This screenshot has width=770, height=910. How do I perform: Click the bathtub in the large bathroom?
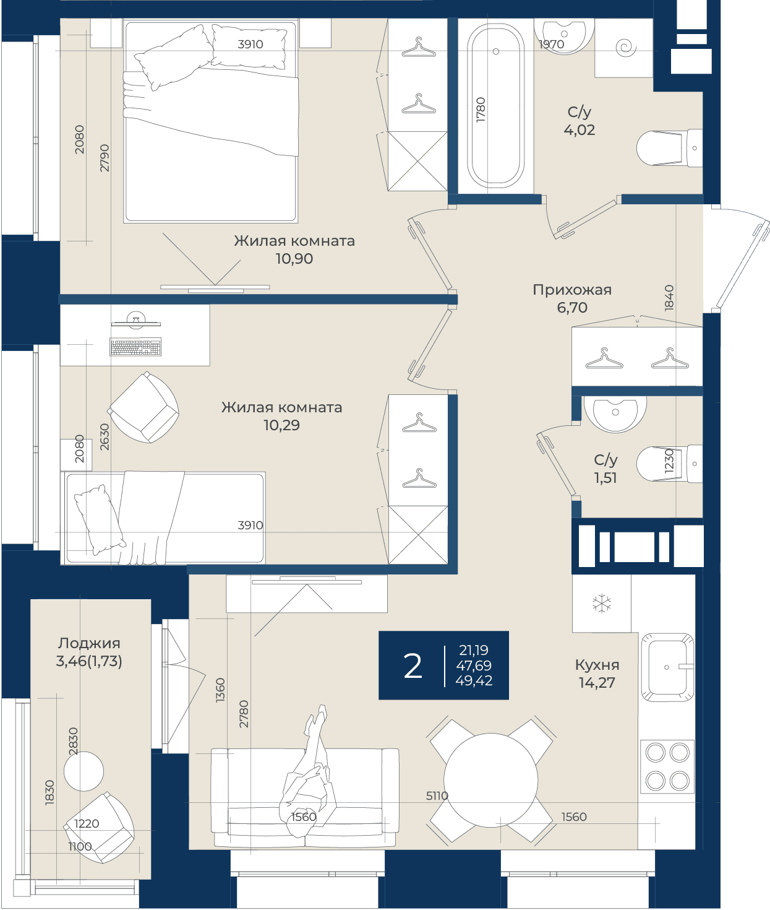pos(495,106)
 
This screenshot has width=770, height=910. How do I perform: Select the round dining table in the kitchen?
pos(491,780)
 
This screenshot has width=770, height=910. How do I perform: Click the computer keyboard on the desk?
pos(135,347)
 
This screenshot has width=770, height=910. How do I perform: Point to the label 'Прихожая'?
pos(572,290)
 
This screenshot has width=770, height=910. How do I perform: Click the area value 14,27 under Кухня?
pos(597,683)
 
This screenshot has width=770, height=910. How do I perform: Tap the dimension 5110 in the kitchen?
pos(437,795)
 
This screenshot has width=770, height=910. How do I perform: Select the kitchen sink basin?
pos(667,667)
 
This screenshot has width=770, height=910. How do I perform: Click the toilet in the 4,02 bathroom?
pos(669,148)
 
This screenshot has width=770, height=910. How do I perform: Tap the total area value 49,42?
pos(474,680)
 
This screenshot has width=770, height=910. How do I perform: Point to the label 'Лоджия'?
pos(89,643)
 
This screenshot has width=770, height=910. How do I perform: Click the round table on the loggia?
pos(83,771)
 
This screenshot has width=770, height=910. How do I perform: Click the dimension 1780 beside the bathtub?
pos(481,110)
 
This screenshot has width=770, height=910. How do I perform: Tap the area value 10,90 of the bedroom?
pos(294,258)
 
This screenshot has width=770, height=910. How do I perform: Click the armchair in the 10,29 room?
pos(144,407)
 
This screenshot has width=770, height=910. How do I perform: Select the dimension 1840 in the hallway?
pos(669,298)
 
